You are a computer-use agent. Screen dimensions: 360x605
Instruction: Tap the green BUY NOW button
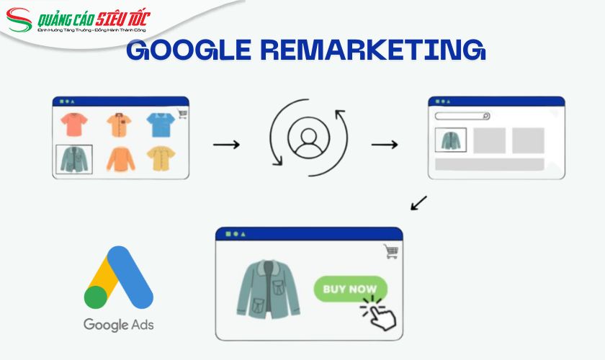coord(350,289)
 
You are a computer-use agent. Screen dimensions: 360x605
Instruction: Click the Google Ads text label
coord(118,324)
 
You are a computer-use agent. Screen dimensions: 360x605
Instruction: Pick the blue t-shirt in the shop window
coord(159,125)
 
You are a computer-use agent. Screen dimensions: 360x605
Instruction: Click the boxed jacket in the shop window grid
coord(73,159)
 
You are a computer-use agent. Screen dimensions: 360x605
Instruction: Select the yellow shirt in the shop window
coord(160,158)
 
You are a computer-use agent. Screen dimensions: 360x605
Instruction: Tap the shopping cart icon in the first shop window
coord(181,112)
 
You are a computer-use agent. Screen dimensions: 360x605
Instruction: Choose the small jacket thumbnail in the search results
coord(452,140)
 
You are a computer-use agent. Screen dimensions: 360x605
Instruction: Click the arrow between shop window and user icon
coord(226,145)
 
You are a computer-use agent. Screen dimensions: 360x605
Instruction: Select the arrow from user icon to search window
coord(384,145)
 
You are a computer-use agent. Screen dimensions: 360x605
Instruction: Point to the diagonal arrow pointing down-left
coord(418,203)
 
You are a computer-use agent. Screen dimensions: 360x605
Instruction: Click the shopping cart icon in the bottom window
coord(391,251)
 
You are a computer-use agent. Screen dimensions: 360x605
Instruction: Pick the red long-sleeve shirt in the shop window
coord(120,158)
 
